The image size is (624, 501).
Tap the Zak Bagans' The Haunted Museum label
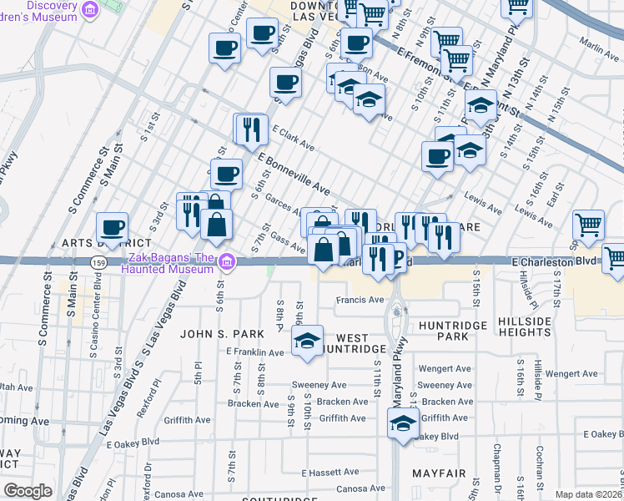point(168,263)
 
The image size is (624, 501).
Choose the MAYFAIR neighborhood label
point(438,473)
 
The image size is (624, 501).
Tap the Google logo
point(28,491)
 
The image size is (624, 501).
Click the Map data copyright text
point(589,494)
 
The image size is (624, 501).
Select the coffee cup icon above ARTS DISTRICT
point(112,226)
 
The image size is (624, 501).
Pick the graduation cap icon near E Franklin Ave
point(307,341)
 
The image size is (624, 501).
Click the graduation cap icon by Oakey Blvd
point(403,423)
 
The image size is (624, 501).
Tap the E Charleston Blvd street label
point(555,261)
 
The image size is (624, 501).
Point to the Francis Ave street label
point(360,300)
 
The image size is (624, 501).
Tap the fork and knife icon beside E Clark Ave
point(249,129)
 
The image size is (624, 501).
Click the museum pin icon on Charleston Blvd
point(225,264)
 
